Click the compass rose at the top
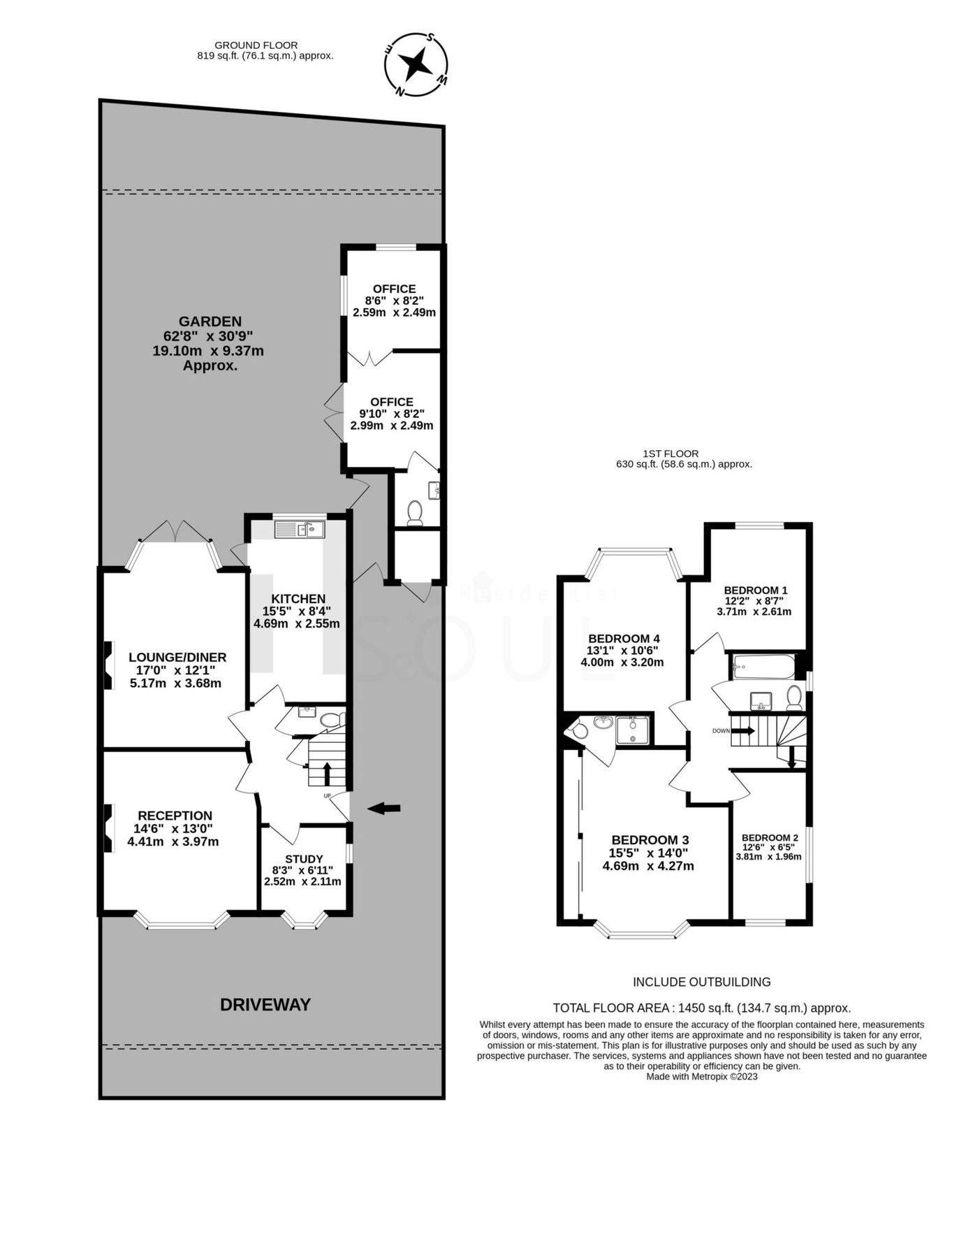(416, 64)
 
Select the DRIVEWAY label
(265, 1005)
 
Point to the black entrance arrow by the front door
(384, 809)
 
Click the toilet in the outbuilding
(414, 512)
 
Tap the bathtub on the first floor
(763, 667)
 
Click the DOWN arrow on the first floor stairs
(743, 731)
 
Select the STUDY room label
(304, 859)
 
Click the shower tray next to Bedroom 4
(632, 731)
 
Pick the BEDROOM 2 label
(770, 838)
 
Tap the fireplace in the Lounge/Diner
(109, 665)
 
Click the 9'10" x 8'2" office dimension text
(391, 414)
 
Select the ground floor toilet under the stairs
(329, 719)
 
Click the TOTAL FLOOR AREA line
(701, 1008)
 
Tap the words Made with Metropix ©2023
(701, 1076)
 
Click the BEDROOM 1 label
(756, 590)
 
